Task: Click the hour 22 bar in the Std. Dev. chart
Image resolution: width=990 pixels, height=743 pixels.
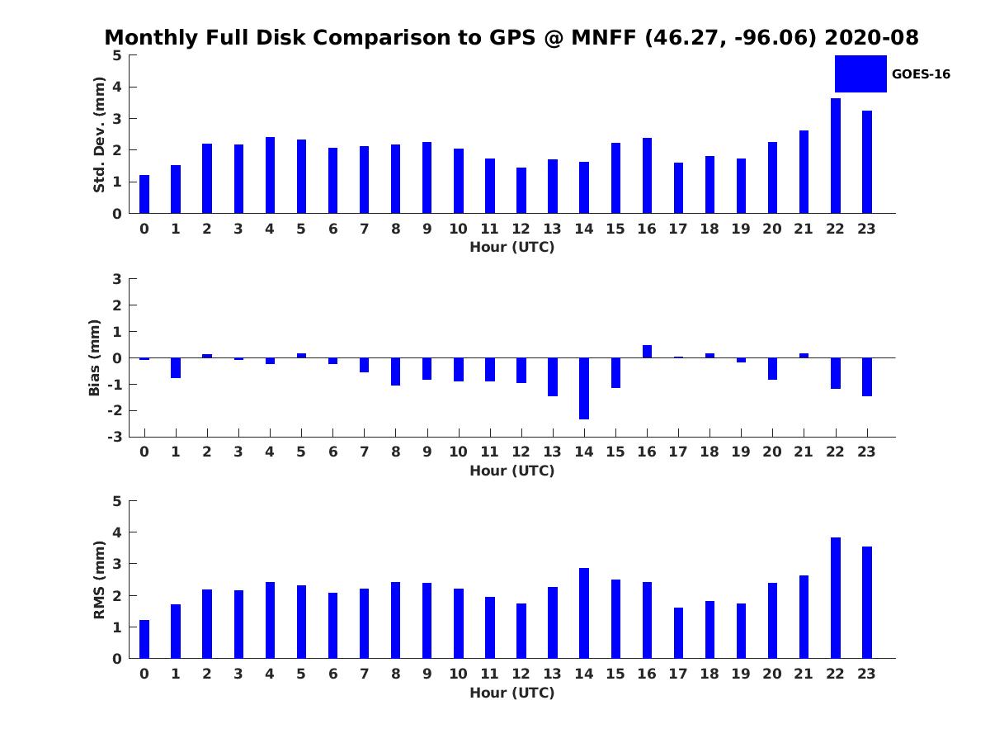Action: point(836,156)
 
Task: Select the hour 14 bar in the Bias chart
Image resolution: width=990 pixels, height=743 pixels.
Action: point(584,388)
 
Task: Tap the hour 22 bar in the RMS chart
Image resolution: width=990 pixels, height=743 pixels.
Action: point(836,598)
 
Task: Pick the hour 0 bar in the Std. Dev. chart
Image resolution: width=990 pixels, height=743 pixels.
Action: point(144,194)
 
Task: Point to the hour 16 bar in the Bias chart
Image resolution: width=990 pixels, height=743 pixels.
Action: point(647,352)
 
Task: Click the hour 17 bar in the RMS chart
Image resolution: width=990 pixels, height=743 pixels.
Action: point(678,633)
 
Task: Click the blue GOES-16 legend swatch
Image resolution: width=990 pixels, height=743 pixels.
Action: point(860,73)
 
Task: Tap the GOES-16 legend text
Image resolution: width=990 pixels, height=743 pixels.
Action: point(921,74)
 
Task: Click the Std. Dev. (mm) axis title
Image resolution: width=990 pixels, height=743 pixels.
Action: point(100,135)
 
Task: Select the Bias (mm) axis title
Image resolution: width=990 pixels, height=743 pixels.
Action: point(95,357)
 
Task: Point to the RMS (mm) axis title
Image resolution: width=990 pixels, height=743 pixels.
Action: point(100,580)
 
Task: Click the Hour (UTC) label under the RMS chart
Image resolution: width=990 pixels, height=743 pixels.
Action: point(512,693)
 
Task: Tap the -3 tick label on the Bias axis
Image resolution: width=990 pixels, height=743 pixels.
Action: point(116,437)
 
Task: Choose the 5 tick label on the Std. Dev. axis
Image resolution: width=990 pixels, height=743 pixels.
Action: point(117,55)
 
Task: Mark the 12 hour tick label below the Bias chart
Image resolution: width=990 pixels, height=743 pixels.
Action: point(521,451)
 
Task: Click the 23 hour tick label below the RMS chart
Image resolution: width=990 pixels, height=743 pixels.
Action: point(867,674)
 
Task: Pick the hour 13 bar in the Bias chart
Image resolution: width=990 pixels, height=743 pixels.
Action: point(553,376)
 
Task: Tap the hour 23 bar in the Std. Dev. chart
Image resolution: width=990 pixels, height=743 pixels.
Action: point(867,162)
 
